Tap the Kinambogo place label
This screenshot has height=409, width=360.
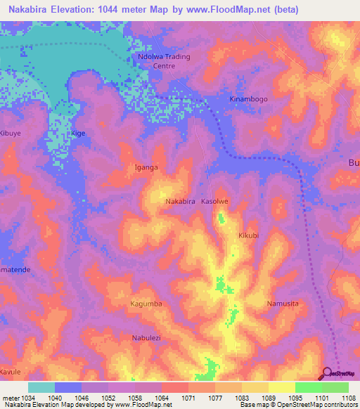click(x=249, y=99)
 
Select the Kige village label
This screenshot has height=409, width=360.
click(x=78, y=133)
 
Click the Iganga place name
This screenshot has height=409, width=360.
click(x=146, y=167)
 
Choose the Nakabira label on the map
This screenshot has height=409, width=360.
click(x=180, y=201)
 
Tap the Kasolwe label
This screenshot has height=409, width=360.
click(x=215, y=201)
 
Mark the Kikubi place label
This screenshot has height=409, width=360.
click(x=249, y=235)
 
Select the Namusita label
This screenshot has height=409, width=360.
click(x=283, y=304)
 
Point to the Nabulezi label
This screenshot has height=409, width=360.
click(x=148, y=338)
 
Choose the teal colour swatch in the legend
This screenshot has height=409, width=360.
click(x=41, y=387)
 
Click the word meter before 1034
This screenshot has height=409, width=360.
click(x=9, y=398)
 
